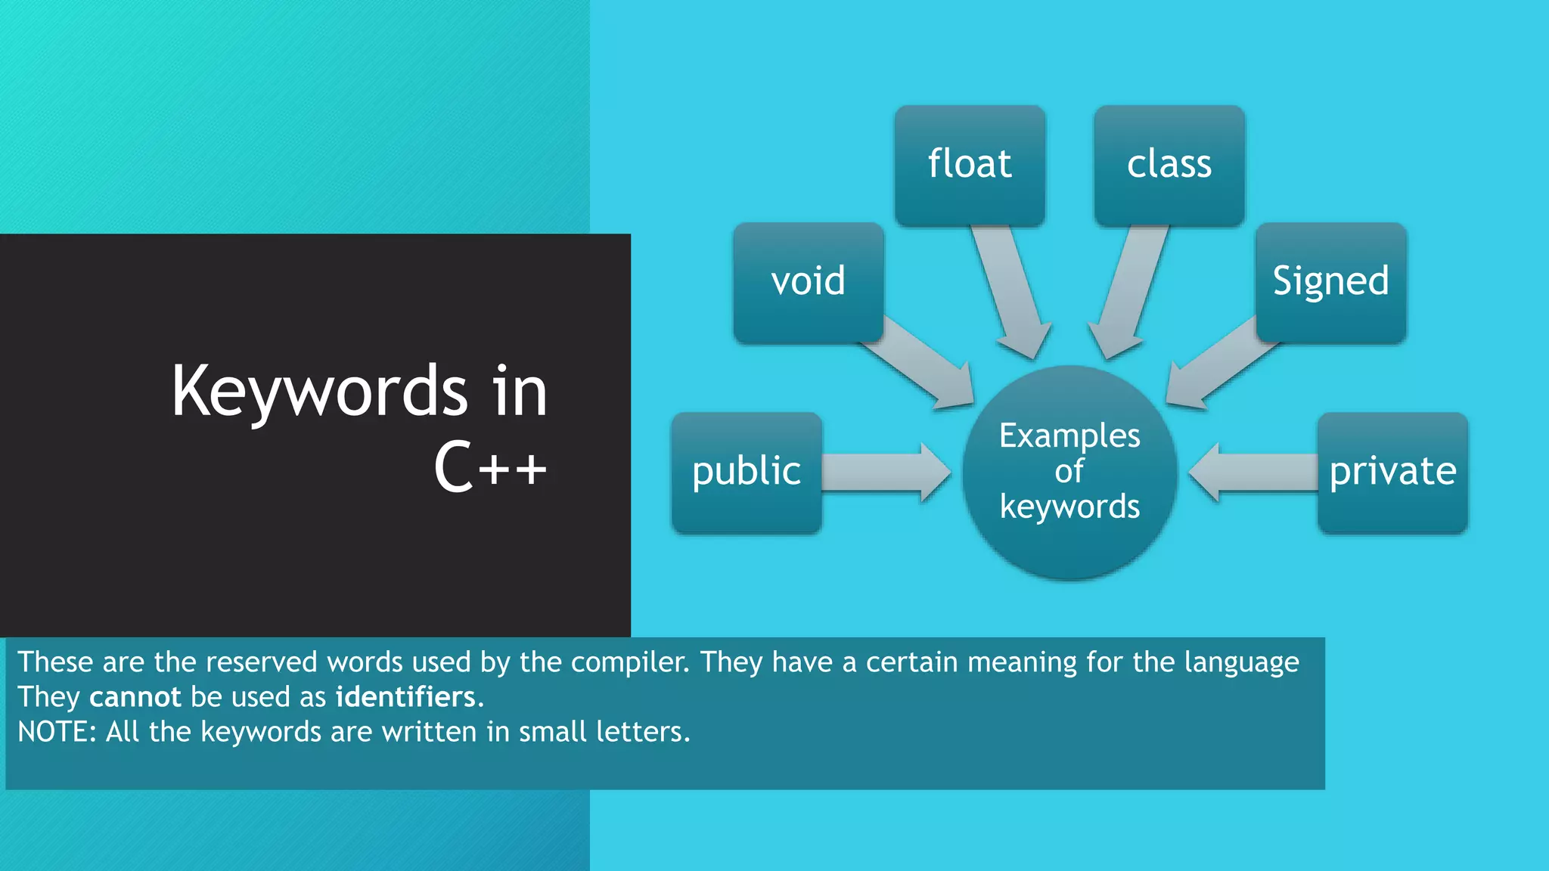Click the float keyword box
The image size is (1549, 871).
[970, 165]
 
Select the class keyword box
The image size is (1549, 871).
[1169, 165]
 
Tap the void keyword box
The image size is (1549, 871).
[808, 282]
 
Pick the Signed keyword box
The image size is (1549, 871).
[1330, 282]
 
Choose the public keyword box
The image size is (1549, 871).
[747, 472]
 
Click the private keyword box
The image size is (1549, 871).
[1392, 472]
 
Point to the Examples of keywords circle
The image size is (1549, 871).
[1069, 472]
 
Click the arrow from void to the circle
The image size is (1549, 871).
[919, 363]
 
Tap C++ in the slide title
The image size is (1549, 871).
[490, 467]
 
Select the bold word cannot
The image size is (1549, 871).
[135, 697]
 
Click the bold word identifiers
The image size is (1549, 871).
[405, 697]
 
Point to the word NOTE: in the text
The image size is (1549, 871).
[57, 732]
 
